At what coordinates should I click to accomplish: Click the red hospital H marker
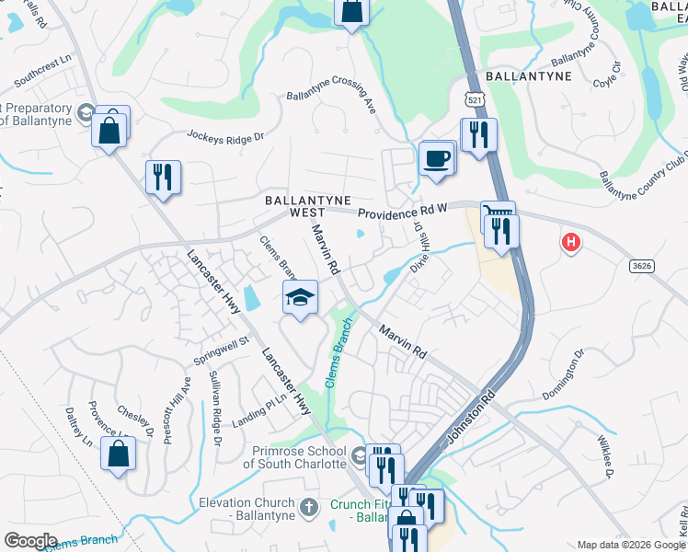click(571, 243)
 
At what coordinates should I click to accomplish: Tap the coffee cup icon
click(437, 157)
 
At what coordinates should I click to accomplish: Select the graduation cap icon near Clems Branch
click(299, 298)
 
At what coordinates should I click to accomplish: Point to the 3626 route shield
click(644, 266)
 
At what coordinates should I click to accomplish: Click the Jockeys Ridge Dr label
click(225, 137)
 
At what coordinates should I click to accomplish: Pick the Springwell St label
click(221, 351)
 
